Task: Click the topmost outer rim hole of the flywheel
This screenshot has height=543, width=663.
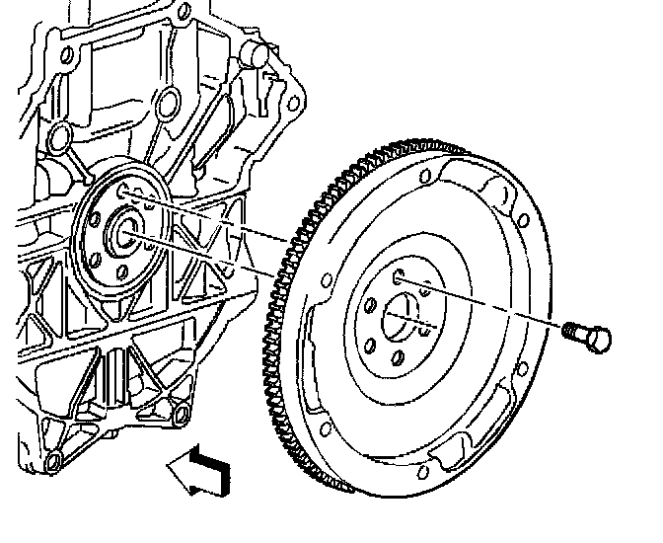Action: click(x=424, y=178)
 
